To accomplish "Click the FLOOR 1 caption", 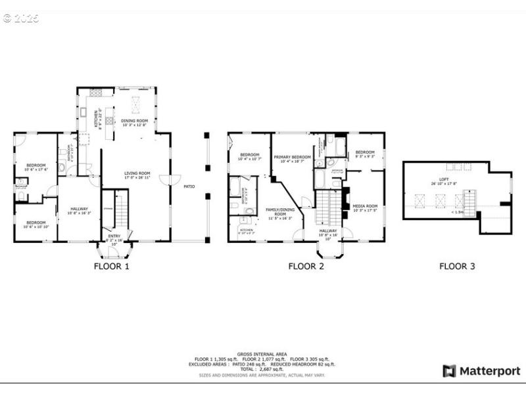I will (x=111, y=267).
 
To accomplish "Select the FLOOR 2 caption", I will (x=306, y=267).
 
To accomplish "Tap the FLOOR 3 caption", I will (x=457, y=267).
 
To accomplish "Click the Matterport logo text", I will (x=489, y=371).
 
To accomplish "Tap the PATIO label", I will (x=189, y=186).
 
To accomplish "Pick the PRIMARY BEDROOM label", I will (x=292, y=158).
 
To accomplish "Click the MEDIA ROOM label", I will (x=365, y=208).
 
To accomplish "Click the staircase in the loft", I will (x=469, y=200).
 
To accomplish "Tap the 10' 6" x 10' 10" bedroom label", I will (x=36, y=225).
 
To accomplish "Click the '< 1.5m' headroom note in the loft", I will (x=457, y=212).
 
